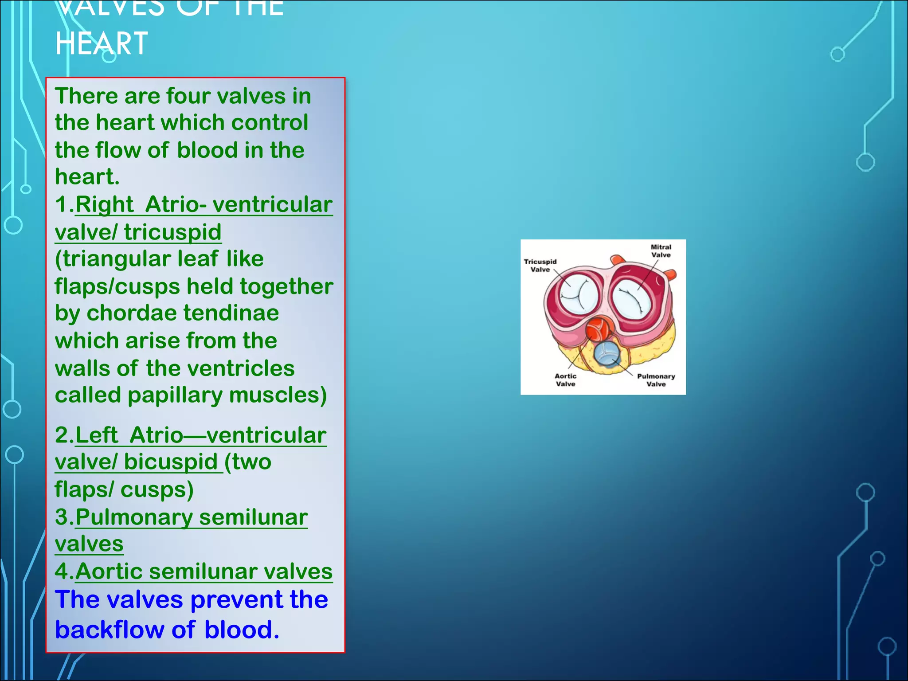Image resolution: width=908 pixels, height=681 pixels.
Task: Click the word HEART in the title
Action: pyautogui.click(x=102, y=43)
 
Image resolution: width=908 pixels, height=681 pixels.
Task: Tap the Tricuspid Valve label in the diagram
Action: pyautogui.click(x=540, y=266)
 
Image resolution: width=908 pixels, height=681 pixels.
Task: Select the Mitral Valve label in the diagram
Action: pyautogui.click(x=661, y=251)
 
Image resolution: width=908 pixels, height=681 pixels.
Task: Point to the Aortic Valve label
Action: pyautogui.click(x=565, y=380)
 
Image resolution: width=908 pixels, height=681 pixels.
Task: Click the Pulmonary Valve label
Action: pyautogui.click(x=656, y=380)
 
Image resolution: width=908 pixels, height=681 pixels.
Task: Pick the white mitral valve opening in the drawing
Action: pyautogui.click(x=633, y=300)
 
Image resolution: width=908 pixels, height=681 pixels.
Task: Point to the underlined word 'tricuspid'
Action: pyautogui.click(x=172, y=232)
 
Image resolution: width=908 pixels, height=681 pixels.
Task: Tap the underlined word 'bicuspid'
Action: pyautogui.click(x=171, y=462)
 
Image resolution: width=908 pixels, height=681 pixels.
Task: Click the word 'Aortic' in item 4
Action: pyautogui.click(x=109, y=571)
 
